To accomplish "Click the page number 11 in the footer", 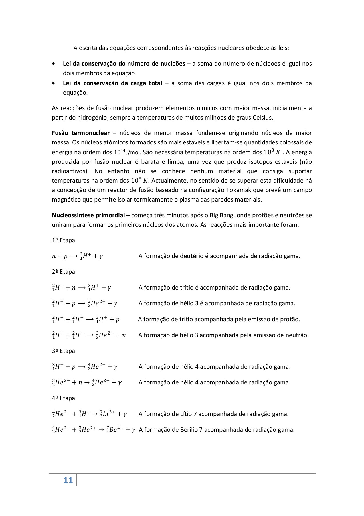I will tap(68, 480).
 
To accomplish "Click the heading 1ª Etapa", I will tap(63, 240).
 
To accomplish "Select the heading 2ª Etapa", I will tap(63, 272).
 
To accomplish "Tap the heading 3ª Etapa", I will tap(63, 351).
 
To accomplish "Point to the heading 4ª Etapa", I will tap(63, 398).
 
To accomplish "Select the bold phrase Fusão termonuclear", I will tap(81, 133).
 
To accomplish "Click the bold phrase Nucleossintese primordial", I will tap(88, 215).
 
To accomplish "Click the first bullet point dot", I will tap(54, 64).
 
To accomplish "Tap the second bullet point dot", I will tap(54, 83).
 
